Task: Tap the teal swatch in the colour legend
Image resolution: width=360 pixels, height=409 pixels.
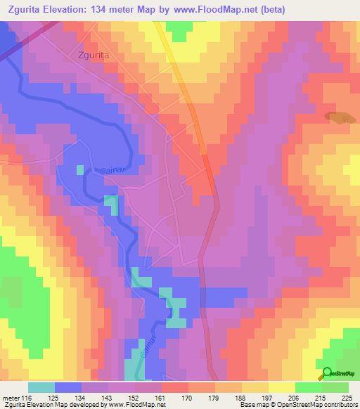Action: (41, 387)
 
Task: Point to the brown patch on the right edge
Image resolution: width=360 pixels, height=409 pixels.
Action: (339, 119)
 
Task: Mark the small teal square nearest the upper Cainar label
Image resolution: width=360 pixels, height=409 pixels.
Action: (80, 170)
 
